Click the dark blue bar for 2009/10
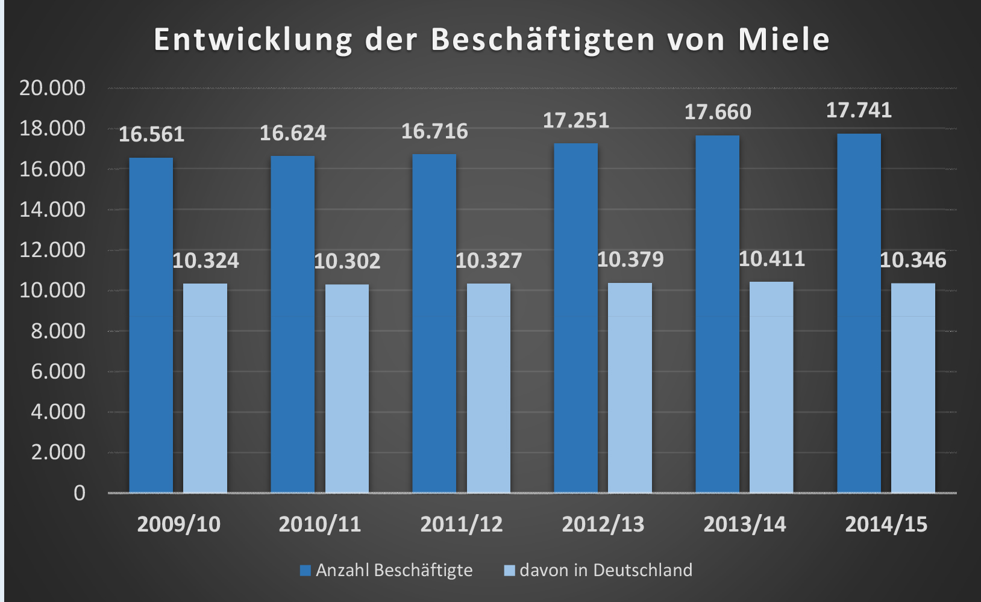[151, 325]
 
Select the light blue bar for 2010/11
[347, 388]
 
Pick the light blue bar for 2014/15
[913, 388]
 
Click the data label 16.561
[151, 134]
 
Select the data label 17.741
[859, 110]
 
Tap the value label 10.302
[347, 261]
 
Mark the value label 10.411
[771, 259]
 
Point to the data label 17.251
[576, 120]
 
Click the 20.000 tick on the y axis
[52, 88]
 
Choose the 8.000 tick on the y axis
[58, 331]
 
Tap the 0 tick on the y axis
[80, 493]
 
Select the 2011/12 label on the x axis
[462, 524]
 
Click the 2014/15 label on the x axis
[886, 524]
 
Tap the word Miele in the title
[784, 39]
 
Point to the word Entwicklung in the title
[253, 40]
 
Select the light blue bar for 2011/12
[489, 388]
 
